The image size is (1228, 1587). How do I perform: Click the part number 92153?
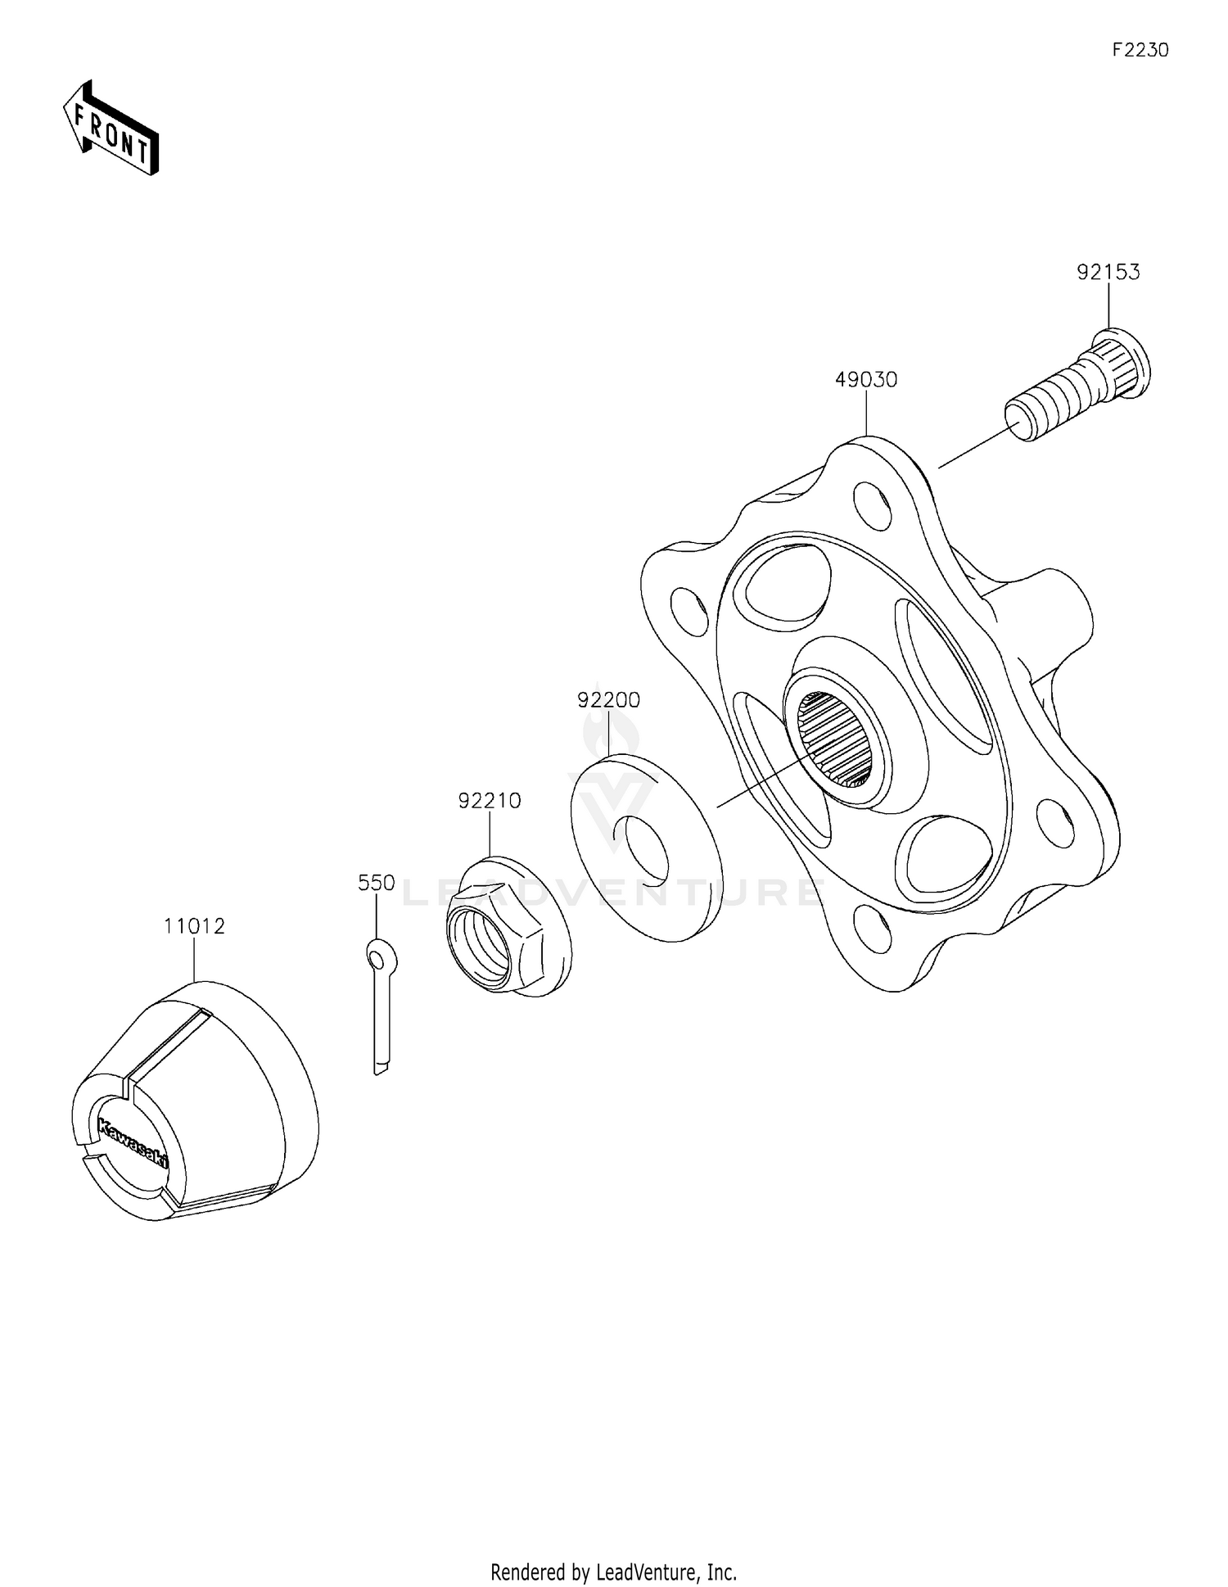[x=1108, y=272]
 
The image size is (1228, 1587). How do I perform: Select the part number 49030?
[x=866, y=380]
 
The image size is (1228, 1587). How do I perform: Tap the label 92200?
[x=608, y=700]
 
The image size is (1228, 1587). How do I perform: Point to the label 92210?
[x=490, y=801]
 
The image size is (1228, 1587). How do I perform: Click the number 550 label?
[x=377, y=883]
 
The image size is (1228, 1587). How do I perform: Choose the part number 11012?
[x=194, y=926]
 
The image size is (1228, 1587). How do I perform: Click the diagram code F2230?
[x=1140, y=50]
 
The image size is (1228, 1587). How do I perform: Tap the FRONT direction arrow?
[x=111, y=129]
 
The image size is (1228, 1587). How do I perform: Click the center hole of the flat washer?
[x=647, y=850]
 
